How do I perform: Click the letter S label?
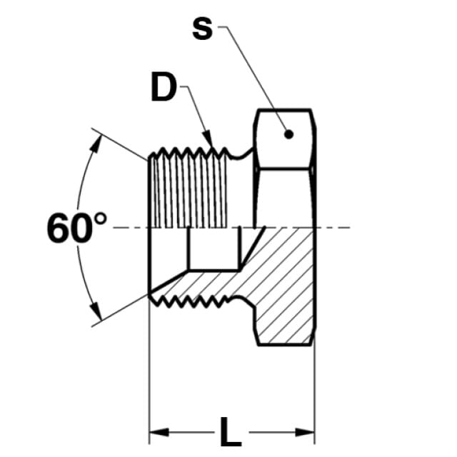(202, 29)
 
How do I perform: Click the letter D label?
(164, 86)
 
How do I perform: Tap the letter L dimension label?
(231, 431)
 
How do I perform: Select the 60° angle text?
(76, 227)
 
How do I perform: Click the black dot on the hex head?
(288, 134)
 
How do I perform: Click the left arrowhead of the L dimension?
(159, 432)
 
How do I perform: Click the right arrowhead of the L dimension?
(305, 432)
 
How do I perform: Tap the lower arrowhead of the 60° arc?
(96, 310)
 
